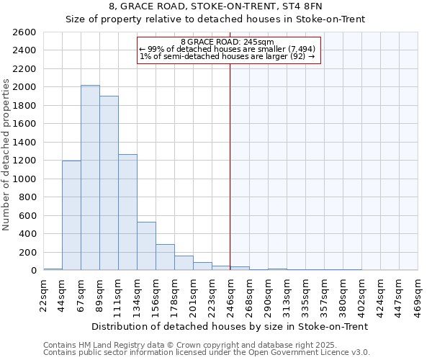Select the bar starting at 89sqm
tap(109, 183)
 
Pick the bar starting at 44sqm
tap(71, 215)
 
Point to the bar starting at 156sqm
tap(165, 257)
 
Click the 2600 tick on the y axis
tap(25, 32)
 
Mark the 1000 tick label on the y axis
tap(25, 179)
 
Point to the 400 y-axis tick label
tap(27, 234)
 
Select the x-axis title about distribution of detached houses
tap(230, 326)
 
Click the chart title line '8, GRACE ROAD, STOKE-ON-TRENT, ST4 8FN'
tap(215, 6)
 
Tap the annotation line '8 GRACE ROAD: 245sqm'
tap(227, 42)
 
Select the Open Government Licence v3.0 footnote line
tap(207, 353)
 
